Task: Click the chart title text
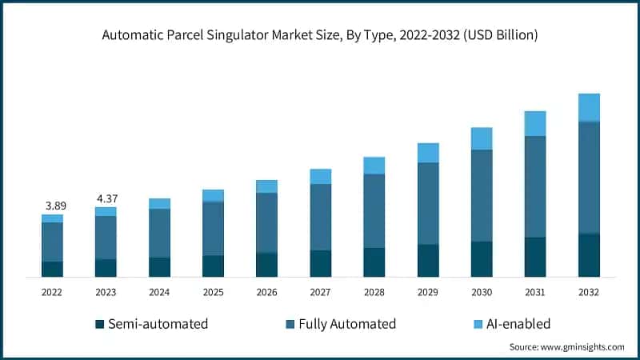coord(320,35)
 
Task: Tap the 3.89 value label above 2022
coord(53,206)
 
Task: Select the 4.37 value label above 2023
coord(106,198)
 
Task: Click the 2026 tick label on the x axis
coord(266,293)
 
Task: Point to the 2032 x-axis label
coord(589,293)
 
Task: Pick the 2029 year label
coord(428,293)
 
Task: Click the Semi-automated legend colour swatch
coord(100,324)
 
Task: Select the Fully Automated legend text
coord(347,324)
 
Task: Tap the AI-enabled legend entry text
coord(512,324)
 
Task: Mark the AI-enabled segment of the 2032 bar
coord(589,107)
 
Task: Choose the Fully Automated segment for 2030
coord(482,195)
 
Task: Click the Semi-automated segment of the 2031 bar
coord(535,257)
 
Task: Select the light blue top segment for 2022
coord(53,218)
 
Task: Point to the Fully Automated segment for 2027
coord(320,217)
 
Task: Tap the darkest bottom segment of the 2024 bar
coord(159,267)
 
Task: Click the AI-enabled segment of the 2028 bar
coord(374,166)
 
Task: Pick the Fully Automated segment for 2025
coord(213,228)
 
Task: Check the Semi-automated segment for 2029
coord(428,261)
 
